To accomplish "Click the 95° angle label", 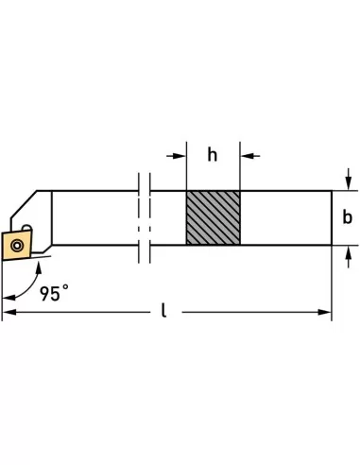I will tap(56, 294).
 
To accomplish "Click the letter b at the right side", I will tap(347, 217).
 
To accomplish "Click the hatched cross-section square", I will tap(213, 218).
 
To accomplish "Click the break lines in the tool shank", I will tap(143, 218).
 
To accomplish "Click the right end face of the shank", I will tap(332, 218).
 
